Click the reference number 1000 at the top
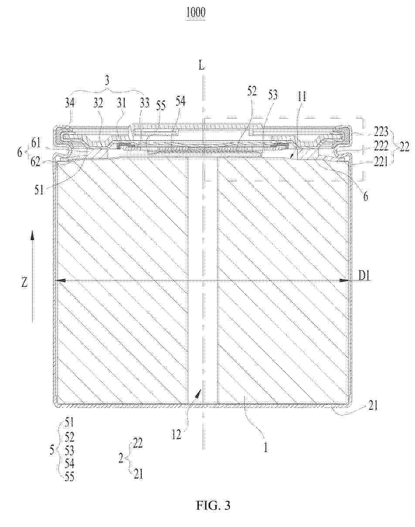pos(195,13)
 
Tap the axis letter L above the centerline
pos(202,65)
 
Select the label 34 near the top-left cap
pos(70,103)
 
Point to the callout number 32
pos(98,103)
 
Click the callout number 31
pos(121,103)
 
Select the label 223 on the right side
pos(381,132)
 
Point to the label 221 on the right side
pos(381,162)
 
